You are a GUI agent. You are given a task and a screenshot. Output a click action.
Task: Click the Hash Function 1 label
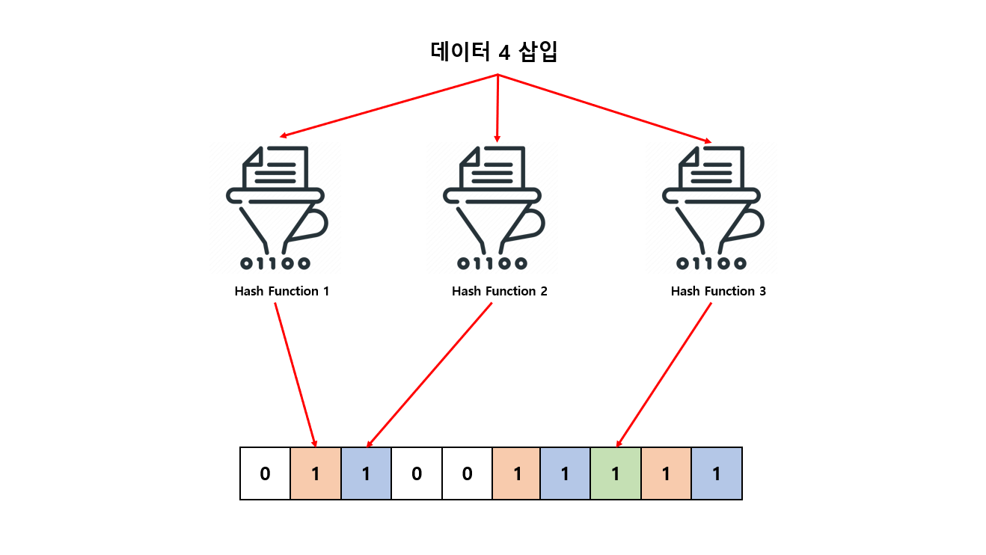pyautogui.click(x=281, y=291)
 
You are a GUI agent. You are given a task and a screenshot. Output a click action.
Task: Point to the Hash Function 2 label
pyautogui.click(x=499, y=291)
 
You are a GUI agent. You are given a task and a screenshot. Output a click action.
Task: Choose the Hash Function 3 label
pyautogui.click(x=718, y=291)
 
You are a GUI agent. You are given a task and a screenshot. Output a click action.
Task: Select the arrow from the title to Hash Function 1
pyautogui.click(x=389, y=105)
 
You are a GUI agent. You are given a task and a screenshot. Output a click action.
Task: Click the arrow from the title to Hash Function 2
pyautogui.click(x=497, y=108)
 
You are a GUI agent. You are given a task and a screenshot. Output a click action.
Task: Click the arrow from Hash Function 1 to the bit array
pyautogui.click(x=296, y=374)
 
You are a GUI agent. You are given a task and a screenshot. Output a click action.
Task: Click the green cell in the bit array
pyautogui.click(x=616, y=473)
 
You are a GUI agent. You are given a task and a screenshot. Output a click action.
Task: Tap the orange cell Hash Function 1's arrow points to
pyautogui.click(x=315, y=473)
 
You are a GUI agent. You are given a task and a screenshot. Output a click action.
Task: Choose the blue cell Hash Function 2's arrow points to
pyautogui.click(x=366, y=473)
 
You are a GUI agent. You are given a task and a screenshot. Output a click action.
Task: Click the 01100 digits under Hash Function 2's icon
pyautogui.click(x=493, y=263)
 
